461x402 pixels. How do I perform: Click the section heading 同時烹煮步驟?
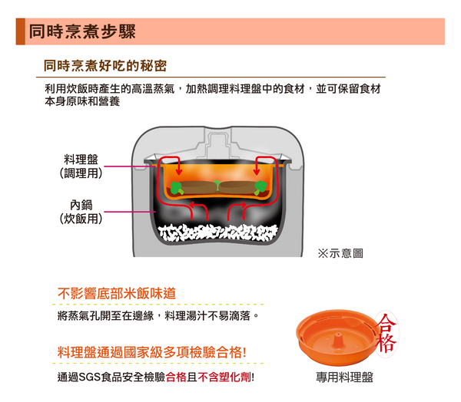82,31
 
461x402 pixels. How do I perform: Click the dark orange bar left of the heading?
20,31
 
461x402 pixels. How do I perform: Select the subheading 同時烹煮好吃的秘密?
105,65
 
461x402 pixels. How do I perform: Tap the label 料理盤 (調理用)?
81,166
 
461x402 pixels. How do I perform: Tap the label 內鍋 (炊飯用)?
81,212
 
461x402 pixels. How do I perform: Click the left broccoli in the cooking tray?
177,188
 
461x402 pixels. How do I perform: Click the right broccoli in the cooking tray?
260,188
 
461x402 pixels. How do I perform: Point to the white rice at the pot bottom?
218,233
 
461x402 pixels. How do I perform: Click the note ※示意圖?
340,253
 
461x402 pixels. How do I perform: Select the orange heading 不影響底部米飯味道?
117,293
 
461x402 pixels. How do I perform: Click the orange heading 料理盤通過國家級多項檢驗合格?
151,352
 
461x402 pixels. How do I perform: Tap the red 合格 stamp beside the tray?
387,333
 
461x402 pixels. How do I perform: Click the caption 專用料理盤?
344,377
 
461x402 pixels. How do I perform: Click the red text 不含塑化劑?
224,377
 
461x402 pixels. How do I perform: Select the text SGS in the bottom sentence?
90,377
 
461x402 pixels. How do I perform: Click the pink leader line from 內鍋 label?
130,212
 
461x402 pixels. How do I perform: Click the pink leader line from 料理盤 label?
130,166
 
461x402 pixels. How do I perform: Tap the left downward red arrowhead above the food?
178,172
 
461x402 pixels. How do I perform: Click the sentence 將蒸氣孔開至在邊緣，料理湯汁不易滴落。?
158,316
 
